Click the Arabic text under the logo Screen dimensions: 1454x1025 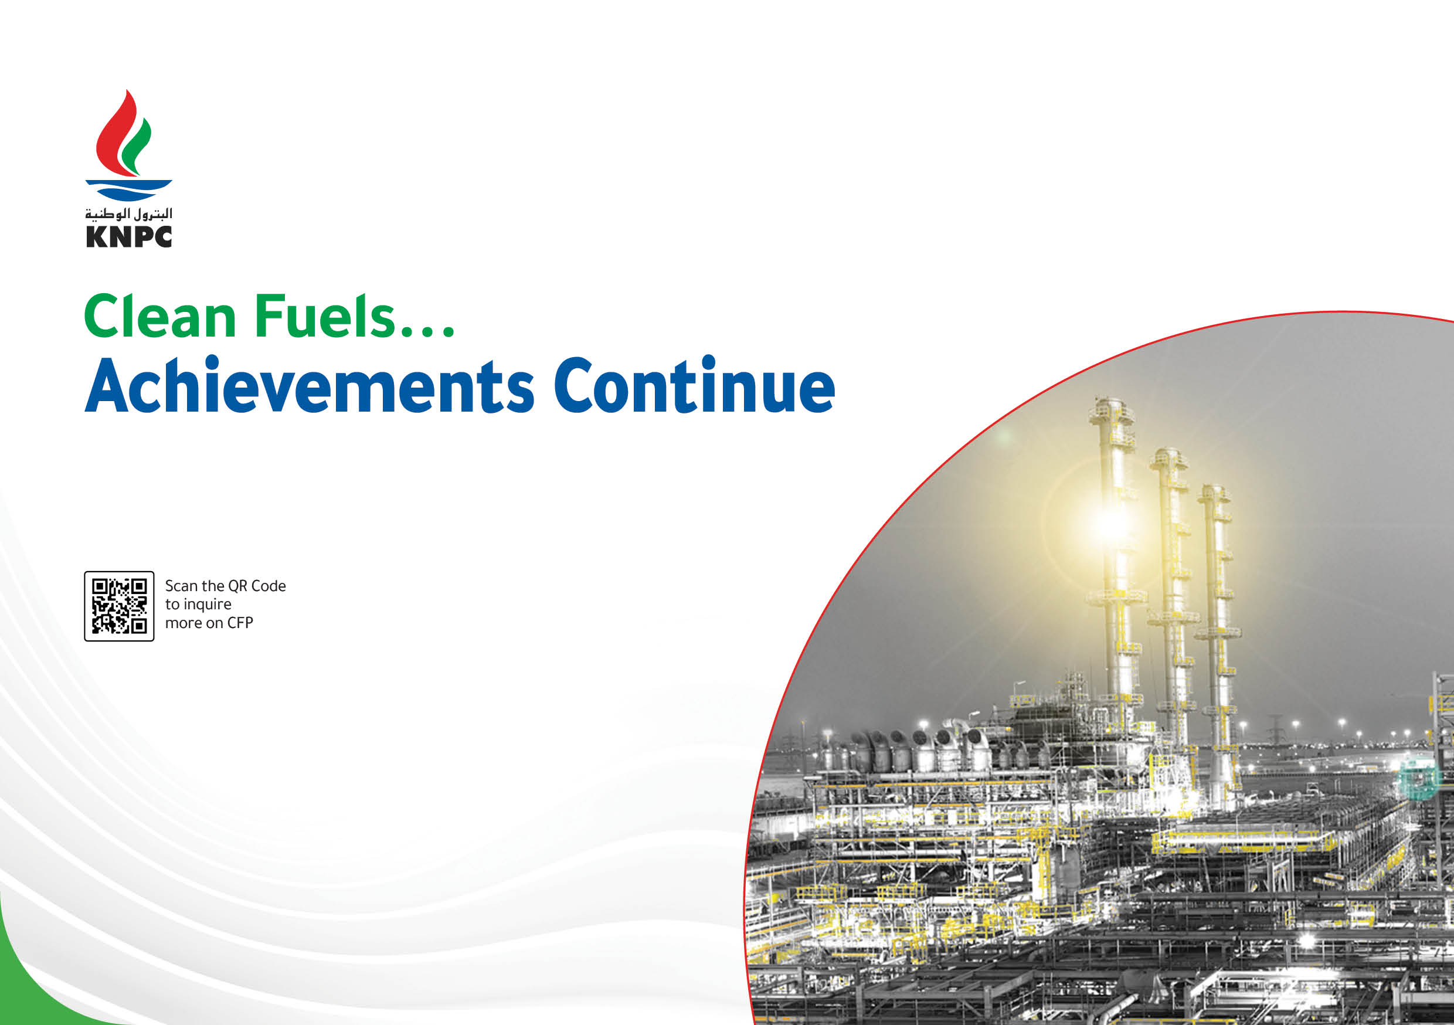(x=129, y=214)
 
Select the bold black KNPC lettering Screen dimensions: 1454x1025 (x=129, y=236)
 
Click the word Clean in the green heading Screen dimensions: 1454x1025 (x=159, y=316)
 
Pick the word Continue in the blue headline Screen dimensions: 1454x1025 (x=695, y=385)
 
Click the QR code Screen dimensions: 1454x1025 (x=119, y=606)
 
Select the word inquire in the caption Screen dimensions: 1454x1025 (x=207, y=605)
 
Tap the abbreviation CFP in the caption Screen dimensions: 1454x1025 (x=240, y=623)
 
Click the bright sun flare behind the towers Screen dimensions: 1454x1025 (x=1109, y=523)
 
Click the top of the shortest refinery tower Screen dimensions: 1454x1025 (x=1214, y=488)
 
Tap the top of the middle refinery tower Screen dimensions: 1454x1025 (x=1168, y=451)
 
